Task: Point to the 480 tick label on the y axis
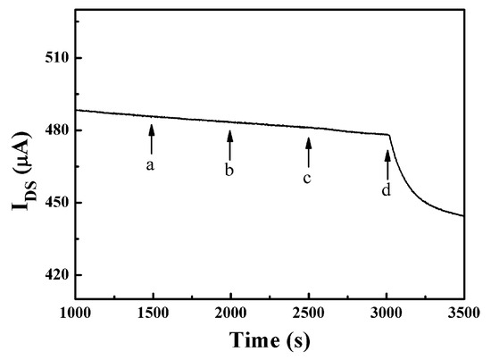[x=56, y=130]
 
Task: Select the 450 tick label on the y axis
[x=56, y=203]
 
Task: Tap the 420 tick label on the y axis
[x=56, y=275]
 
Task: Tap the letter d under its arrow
[x=387, y=189]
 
